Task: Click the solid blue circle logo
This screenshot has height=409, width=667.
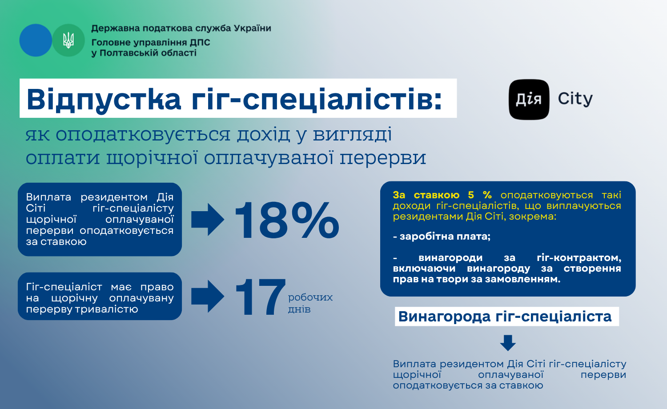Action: tap(36, 40)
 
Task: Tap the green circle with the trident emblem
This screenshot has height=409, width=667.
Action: tap(68, 40)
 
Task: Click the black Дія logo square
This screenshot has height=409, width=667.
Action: tap(529, 100)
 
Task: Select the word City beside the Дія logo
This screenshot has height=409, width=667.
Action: tap(575, 99)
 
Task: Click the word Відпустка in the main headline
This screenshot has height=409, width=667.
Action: tap(104, 99)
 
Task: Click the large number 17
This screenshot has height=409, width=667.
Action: tap(260, 297)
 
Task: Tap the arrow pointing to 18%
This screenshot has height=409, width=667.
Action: tap(208, 220)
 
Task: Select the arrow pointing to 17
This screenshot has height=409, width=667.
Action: tap(208, 296)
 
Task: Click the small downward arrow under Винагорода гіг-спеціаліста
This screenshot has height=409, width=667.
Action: tap(508, 343)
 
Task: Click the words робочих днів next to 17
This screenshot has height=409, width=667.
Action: tap(310, 303)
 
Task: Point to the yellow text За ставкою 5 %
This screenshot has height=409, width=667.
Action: tap(442, 195)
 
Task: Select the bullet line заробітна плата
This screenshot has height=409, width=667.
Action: tap(442, 237)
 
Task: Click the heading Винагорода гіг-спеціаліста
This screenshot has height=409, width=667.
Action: tap(505, 316)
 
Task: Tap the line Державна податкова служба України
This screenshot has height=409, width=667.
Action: tap(181, 28)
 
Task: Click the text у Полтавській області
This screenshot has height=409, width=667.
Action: tap(144, 53)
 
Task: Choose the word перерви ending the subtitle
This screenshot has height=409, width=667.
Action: tap(383, 158)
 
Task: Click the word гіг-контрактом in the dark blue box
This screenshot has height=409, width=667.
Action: tap(579, 258)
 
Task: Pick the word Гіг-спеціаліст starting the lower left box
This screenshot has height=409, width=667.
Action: tap(64, 287)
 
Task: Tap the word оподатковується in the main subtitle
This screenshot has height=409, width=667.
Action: tap(143, 135)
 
